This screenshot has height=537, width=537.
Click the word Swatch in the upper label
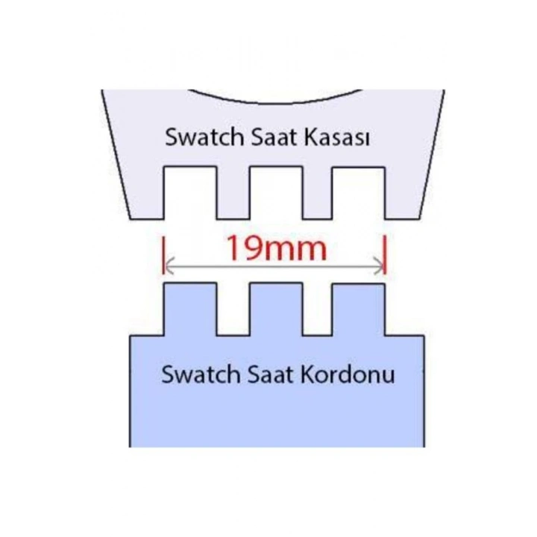pos(204,137)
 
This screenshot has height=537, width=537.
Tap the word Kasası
pos(336,137)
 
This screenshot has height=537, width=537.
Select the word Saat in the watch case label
pos(273,137)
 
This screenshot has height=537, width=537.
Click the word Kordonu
pos(348,374)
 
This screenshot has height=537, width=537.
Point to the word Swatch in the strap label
pos(201,374)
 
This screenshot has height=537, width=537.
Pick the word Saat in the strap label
pos(270,374)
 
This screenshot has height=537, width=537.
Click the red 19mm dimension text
pos(277,248)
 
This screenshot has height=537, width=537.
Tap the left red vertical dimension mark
pos(163,254)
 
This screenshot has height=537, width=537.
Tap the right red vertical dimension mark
pos(386,254)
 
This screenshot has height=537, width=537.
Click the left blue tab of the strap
pos(190,310)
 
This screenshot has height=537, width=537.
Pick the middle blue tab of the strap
pos(276,310)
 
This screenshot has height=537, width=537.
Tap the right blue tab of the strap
pos(359,310)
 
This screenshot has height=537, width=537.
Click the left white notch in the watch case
pos(190,193)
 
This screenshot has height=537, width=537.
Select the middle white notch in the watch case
pos(276,193)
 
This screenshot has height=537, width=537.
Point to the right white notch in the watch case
pos(359,193)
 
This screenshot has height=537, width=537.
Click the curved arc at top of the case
pos(276,102)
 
